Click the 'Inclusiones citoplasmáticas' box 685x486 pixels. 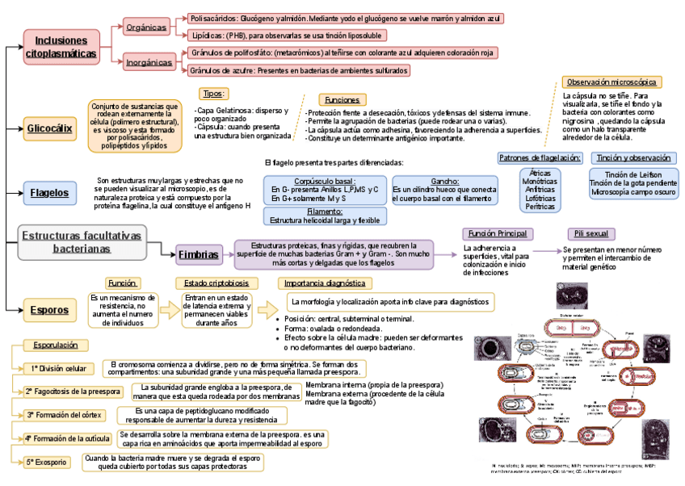click(61, 46)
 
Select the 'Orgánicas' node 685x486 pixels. click(145, 27)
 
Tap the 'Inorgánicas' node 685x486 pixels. click(149, 61)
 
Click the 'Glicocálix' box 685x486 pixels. click(50, 128)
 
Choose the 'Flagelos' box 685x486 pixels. click(49, 193)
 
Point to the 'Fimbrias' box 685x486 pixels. click(198, 253)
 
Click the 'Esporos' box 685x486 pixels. click(48, 309)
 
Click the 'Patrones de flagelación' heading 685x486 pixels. click(540, 157)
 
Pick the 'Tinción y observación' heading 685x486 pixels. click(632, 157)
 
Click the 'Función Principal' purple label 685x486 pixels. click(497, 233)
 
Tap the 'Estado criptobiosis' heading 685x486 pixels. click(216, 283)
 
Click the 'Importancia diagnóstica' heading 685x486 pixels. click(325, 283)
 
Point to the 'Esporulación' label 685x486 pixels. click(56, 346)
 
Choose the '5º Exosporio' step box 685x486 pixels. click(46, 463)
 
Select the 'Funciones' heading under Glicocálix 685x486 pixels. click(342, 99)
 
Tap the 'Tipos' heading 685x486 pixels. click(213, 94)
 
